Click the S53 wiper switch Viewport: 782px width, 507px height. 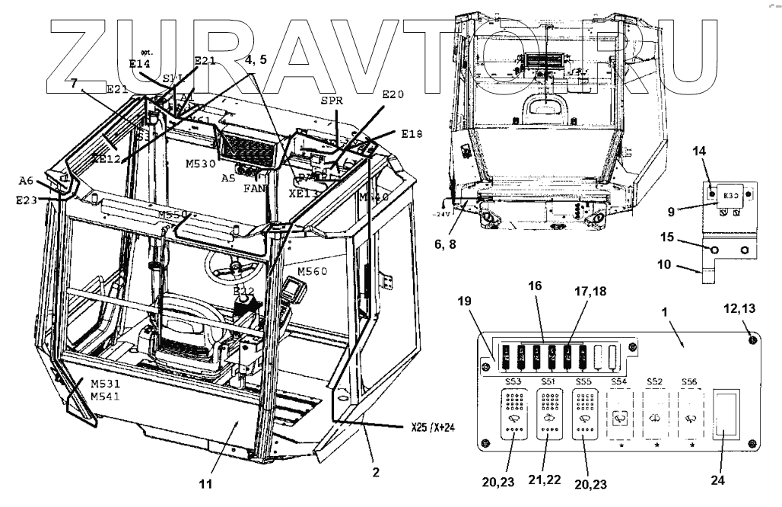coord(512,415)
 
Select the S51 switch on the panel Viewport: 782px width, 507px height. coord(548,415)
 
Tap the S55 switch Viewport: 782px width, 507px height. coord(585,415)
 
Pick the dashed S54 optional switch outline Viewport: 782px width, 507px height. coord(621,415)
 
